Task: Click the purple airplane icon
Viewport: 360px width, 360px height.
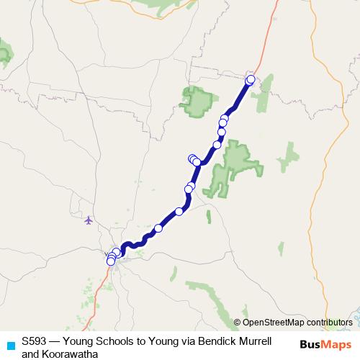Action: pyautogui.click(x=89, y=220)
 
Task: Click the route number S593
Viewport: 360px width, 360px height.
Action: pyautogui.click(x=35, y=342)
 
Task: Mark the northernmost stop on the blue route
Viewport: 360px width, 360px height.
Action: pyautogui.click(x=251, y=79)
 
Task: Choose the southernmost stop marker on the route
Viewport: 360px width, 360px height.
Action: pyautogui.click(x=111, y=261)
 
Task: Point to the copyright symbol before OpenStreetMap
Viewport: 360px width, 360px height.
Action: pyautogui.click(x=238, y=323)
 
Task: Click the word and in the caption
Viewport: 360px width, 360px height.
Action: pyautogui.click(x=30, y=354)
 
